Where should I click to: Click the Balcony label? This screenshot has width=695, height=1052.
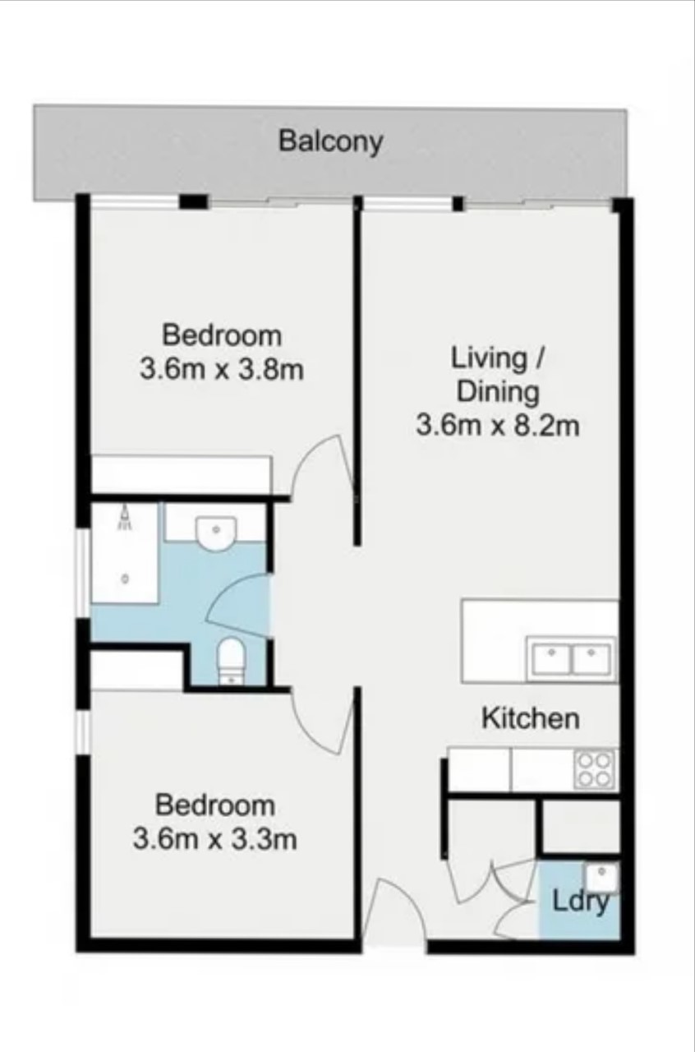point(330,141)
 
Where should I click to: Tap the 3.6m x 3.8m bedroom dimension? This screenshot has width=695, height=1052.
point(222,370)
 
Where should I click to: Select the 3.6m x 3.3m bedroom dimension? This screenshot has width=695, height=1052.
point(214,839)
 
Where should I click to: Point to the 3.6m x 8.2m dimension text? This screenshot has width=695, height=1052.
point(498,426)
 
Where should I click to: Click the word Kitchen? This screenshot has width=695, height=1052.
point(531,718)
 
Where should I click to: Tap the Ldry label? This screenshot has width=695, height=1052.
point(581,902)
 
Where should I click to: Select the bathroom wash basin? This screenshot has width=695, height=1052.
point(216,534)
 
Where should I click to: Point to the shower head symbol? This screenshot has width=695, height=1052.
point(124,518)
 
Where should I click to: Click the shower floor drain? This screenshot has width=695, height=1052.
point(125,579)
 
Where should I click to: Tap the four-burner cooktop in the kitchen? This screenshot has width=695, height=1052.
point(596,768)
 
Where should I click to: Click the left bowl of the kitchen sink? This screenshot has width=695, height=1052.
point(551,658)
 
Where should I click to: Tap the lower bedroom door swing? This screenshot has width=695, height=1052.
point(323,721)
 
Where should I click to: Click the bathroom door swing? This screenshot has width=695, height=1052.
point(238,606)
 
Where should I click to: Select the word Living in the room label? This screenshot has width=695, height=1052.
point(489,359)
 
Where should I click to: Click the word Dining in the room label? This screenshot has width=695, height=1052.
point(498,392)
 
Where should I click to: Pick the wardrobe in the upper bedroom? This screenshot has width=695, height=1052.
point(181,474)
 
